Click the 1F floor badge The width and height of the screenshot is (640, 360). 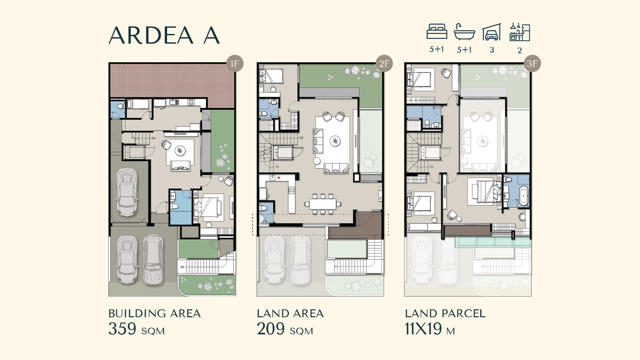click(x=235, y=64)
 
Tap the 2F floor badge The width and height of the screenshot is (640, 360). click(x=384, y=64)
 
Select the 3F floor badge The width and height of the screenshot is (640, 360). click(x=532, y=64)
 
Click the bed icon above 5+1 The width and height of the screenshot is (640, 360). click(x=436, y=31)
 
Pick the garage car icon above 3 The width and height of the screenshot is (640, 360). click(x=492, y=32)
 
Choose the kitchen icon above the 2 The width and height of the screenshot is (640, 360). click(x=520, y=32)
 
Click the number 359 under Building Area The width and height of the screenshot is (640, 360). click(x=122, y=329)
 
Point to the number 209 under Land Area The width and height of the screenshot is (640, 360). click(x=271, y=329)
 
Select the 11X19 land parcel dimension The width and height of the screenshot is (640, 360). click(x=423, y=329)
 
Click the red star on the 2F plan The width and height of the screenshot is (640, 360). click(x=279, y=178)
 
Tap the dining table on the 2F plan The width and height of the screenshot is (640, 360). click(x=323, y=204)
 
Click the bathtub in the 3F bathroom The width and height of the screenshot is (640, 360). click(x=524, y=195)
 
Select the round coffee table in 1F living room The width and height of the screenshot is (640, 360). click(x=180, y=150)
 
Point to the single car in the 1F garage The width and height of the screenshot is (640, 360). click(x=127, y=192)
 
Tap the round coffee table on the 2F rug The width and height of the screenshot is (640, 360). click(x=335, y=141)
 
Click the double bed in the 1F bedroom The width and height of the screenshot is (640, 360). click(x=208, y=206)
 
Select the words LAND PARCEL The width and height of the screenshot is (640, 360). click(x=445, y=314)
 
